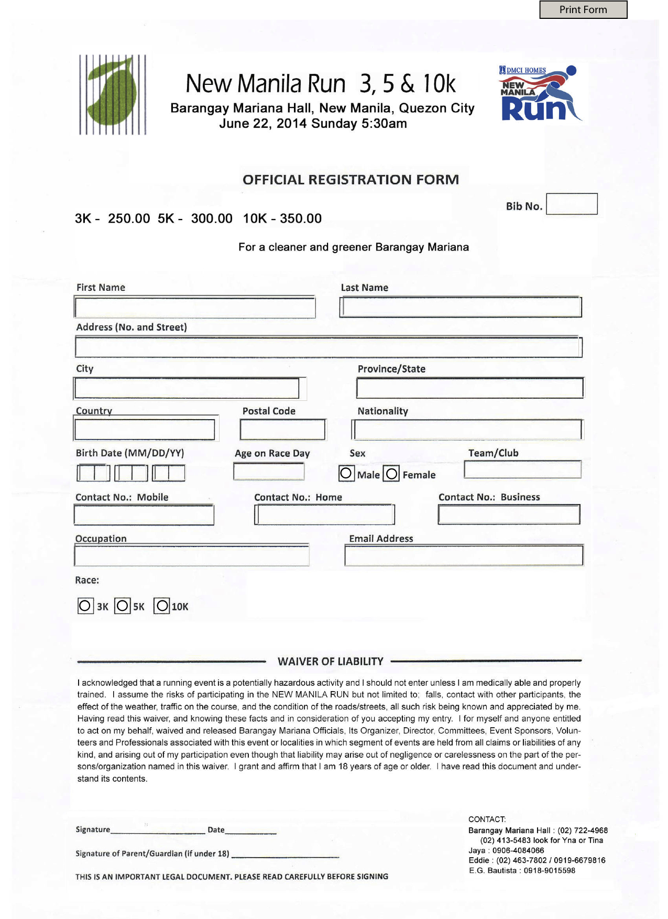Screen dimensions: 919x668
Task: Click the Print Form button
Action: click(x=583, y=10)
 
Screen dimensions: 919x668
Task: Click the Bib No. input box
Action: click(x=572, y=204)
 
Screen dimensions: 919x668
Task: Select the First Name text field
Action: click(x=194, y=307)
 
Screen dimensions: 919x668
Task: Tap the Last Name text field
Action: click(x=461, y=307)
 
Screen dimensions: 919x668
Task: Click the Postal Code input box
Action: click(x=282, y=430)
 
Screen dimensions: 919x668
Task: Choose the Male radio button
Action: click(x=346, y=473)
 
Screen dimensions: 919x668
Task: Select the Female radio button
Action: click(x=391, y=474)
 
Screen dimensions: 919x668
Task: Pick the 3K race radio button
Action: click(x=85, y=606)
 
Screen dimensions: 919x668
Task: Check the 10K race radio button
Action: click(x=162, y=606)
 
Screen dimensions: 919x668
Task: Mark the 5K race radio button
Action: click(x=123, y=606)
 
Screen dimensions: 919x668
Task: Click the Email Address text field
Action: click(x=464, y=555)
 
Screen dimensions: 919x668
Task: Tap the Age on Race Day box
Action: click(x=268, y=472)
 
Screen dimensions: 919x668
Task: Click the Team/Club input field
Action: click(x=522, y=469)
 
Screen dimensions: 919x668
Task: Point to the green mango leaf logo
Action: click(x=112, y=95)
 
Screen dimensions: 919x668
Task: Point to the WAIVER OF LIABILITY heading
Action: click(x=330, y=661)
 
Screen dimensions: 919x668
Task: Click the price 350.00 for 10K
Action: click(x=301, y=218)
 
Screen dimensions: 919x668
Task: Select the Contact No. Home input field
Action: click(x=324, y=515)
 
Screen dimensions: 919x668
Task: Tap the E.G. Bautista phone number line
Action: click(x=522, y=870)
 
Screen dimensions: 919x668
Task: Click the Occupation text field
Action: click(x=191, y=555)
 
